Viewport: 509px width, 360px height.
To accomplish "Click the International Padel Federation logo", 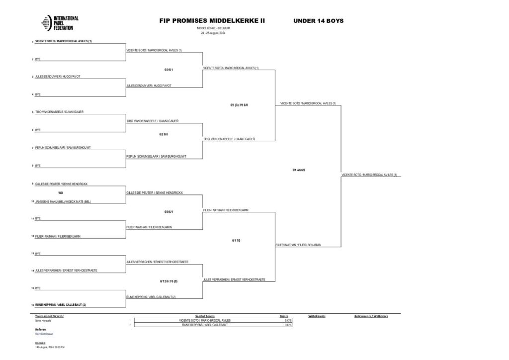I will point(60,24).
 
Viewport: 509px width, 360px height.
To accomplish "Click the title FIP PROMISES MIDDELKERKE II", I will point(212,21).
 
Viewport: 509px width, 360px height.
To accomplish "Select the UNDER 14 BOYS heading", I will point(318,21).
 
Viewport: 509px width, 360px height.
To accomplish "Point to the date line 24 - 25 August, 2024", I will point(213,33).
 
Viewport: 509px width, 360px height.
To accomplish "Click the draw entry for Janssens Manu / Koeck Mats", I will point(63,201).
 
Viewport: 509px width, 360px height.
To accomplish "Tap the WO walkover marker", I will point(61,192).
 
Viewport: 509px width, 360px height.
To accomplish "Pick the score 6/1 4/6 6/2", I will point(299,170).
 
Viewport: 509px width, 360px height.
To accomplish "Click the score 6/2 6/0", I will point(164,134).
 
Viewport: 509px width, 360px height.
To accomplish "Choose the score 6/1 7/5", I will point(236,240).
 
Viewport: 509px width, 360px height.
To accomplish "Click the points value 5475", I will point(288,321).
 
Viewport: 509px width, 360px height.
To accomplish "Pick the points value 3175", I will point(288,325).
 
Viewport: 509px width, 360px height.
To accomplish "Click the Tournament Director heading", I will point(50,316).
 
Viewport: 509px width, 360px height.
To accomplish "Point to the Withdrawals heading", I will point(317,316).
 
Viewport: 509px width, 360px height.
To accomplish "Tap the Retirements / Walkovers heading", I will point(371,316).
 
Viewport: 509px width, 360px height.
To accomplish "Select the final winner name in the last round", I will point(370,175).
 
